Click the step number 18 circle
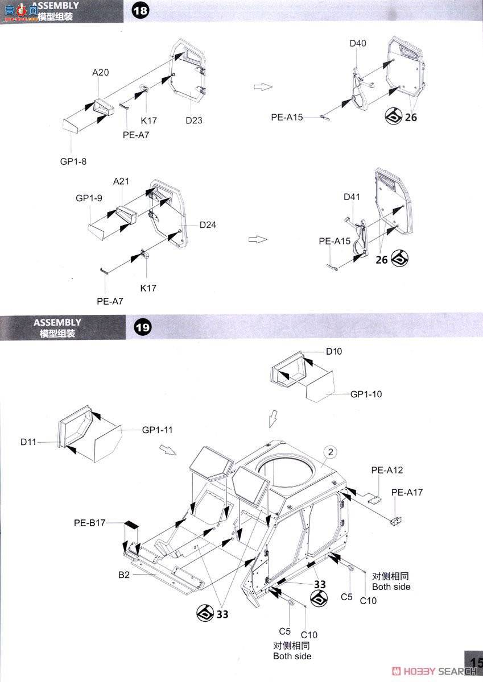(x=140, y=11)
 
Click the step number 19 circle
(x=142, y=328)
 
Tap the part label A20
(x=100, y=72)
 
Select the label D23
(x=194, y=120)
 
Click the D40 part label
(x=358, y=43)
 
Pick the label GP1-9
(x=89, y=198)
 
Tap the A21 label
(x=121, y=181)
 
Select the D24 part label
(x=208, y=224)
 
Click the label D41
(x=352, y=197)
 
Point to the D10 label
(x=334, y=351)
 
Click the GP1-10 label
(x=366, y=394)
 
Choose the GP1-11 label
(x=157, y=430)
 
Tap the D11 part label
(x=29, y=442)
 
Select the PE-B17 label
(x=89, y=522)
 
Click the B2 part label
(x=125, y=575)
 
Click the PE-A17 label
(x=407, y=492)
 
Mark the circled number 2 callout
(x=332, y=452)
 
